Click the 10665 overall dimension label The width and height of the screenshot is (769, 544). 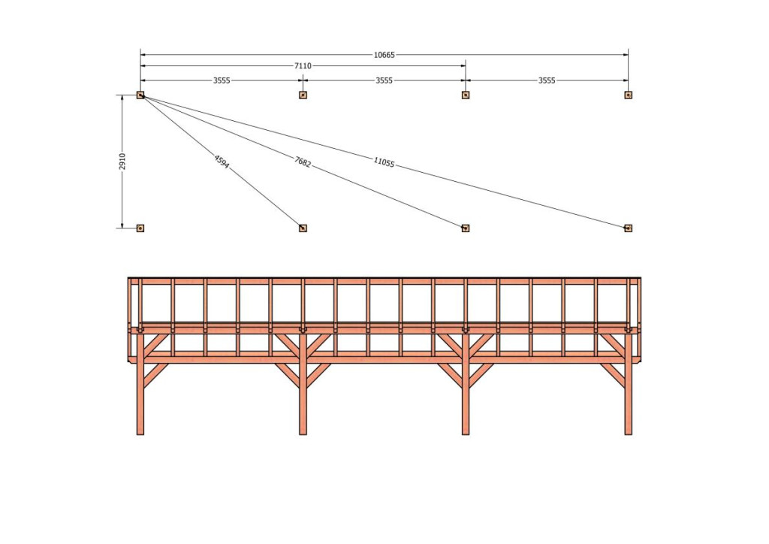click(384, 55)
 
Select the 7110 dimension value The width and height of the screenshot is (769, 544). click(303, 65)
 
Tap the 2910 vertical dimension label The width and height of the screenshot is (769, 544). click(122, 162)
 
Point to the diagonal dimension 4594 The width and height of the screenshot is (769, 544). click(222, 162)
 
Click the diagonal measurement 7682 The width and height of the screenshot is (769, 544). click(303, 162)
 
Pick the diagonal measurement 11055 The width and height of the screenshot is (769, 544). click(384, 162)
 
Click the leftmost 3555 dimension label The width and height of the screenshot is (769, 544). click(222, 80)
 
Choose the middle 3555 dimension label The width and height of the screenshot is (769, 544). click(384, 80)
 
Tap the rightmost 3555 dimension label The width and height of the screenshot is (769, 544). click(547, 80)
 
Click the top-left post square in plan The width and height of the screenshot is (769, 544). click(140, 95)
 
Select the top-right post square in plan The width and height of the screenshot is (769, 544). click(629, 95)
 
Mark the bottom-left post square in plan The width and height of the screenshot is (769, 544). click(140, 228)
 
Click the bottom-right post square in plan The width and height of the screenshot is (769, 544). click(629, 228)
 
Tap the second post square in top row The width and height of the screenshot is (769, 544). click(303, 95)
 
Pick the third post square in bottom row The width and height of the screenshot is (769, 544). click(466, 228)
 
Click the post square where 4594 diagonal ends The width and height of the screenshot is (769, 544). click(303, 228)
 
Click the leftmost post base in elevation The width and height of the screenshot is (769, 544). click(140, 431)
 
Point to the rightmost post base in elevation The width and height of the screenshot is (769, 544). click(629, 431)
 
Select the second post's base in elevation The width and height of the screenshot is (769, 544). click(303, 431)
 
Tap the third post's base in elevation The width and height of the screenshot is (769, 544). click(466, 431)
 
